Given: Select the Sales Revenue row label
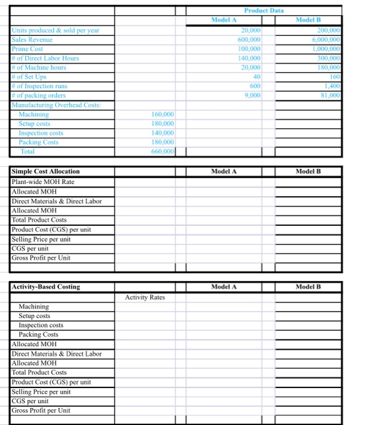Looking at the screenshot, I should click(32, 39).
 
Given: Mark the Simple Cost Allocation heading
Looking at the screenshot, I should click(45, 172).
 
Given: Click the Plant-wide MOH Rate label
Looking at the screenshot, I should click(42, 182).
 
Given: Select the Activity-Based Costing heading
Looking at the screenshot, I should click(45, 287).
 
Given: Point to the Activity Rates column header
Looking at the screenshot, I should click(145, 297).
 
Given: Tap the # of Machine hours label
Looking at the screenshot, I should click(39, 67).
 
